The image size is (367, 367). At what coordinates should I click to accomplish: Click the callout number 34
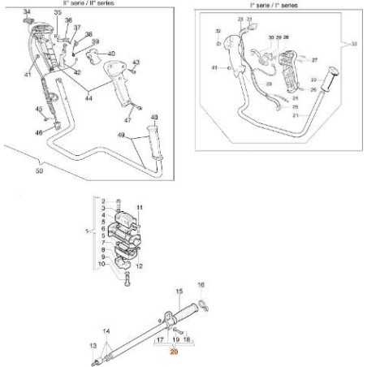pyautogui.click(x=27, y=11)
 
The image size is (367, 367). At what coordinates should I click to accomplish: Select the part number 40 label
pyautogui.click(x=111, y=54)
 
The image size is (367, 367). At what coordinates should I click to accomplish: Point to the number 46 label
pyautogui.click(x=38, y=131)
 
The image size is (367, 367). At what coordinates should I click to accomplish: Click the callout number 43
pyautogui.click(x=136, y=63)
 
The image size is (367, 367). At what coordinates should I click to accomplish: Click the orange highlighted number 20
pyautogui.click(x=172, y=352)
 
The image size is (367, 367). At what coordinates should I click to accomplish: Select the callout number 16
pyautogui.click(x=201, y=286)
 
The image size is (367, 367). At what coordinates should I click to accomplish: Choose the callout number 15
pyautogui.click(x=178, y=291)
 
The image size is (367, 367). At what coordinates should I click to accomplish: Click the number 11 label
pyautogui.click(x=139, y=208)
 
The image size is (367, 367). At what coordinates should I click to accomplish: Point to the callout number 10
pyautogui.click(x=101, y=264)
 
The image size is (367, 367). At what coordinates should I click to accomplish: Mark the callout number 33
pyautogui.click(x=352, y=44)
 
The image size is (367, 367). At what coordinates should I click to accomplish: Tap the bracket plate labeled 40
pyautogui.click(x=93, y=61)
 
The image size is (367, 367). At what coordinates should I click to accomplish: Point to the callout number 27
pyautogui.click(x=315, y=59)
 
